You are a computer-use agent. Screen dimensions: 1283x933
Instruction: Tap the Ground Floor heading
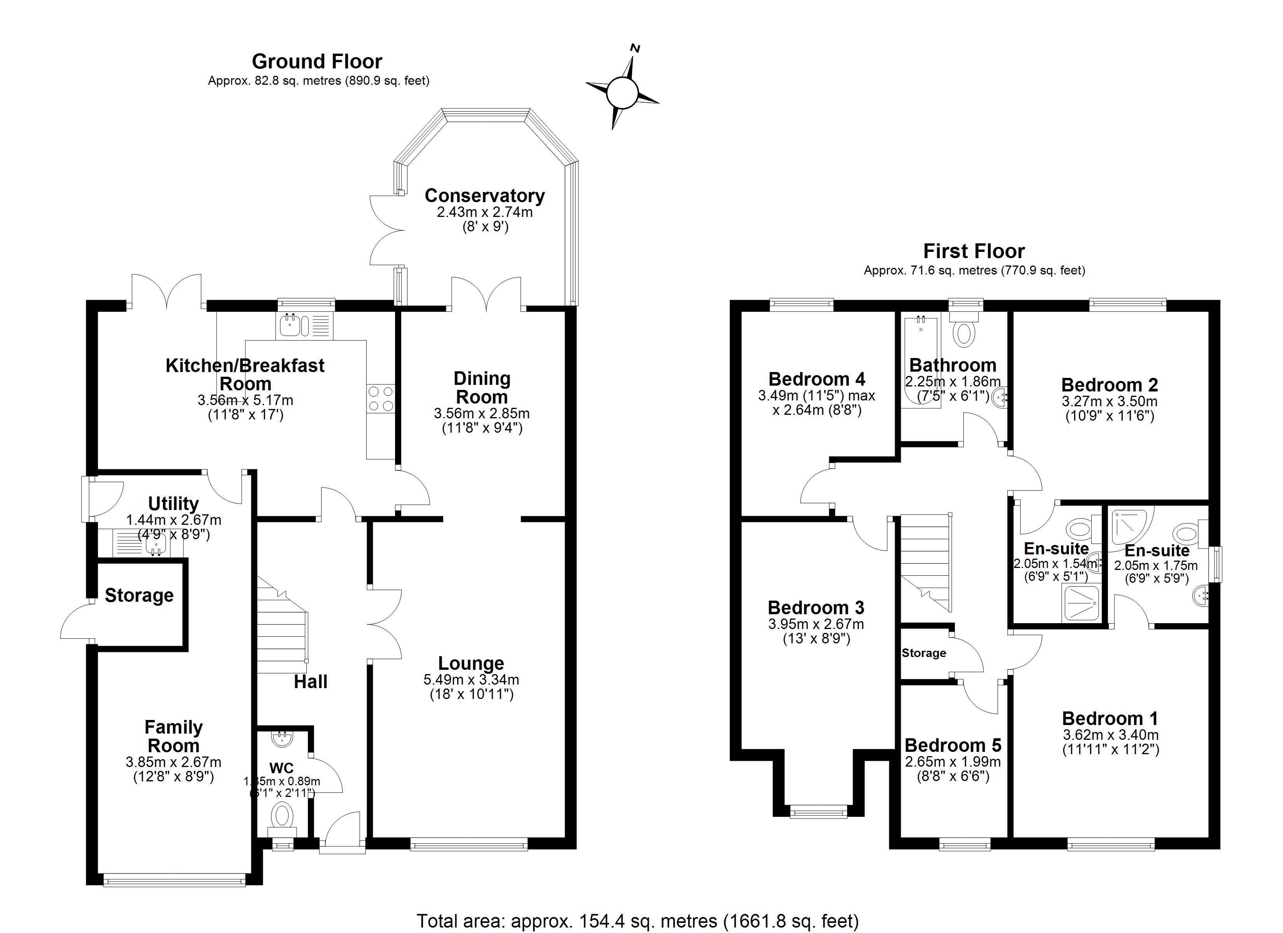(x=317, y=61)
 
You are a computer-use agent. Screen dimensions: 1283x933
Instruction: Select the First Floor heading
(x=974, y=251)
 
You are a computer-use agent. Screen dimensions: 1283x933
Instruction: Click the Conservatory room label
(x=484, y=196)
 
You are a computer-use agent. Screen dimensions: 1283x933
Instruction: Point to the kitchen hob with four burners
(x=380, y=398)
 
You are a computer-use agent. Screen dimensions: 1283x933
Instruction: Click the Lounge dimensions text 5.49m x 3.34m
(x=471, y=680)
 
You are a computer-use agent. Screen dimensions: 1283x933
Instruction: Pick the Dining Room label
(x=482, y=388)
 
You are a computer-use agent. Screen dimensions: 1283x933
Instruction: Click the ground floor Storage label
(x=139, y=595)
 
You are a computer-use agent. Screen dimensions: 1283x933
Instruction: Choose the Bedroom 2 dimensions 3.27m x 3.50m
(x=1109, y=402)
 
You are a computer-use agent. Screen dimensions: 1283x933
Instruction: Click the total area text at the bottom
(x=638, y=921)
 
